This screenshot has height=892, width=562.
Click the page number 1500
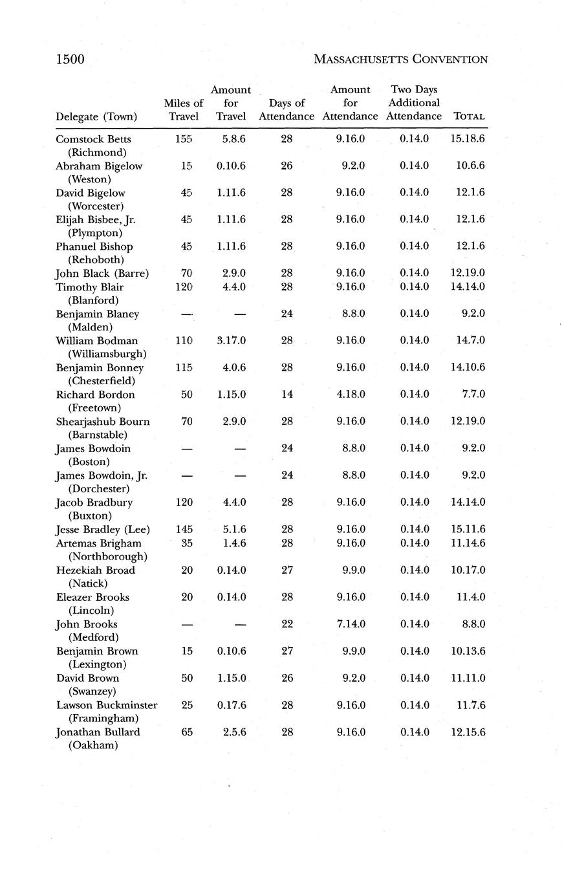pos(70,60)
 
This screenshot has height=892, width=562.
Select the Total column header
pos(470,116)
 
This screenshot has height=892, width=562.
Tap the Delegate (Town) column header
pos(96,116)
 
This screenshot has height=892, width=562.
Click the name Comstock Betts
pos(93,139)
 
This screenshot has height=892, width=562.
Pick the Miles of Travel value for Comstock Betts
pos(184,139)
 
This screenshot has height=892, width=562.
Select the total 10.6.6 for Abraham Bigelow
pos(470,166)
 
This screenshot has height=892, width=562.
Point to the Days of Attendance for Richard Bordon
pos(286,394)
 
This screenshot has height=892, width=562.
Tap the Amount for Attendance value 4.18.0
pos(350,394)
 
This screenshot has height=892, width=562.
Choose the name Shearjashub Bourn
pos(103,421)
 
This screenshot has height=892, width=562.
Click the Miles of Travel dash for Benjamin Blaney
pos(186,314)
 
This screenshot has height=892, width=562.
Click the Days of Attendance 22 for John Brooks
pos(286,624)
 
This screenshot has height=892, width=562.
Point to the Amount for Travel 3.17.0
pos(231,340)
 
